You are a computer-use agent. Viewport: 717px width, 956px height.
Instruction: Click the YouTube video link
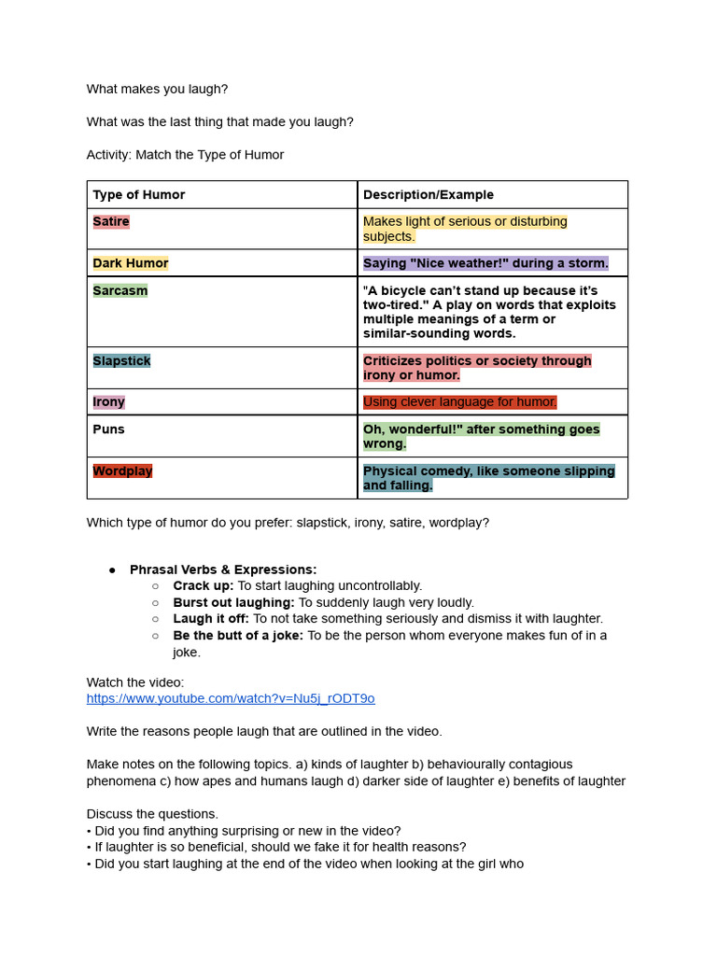[x=231, y=698]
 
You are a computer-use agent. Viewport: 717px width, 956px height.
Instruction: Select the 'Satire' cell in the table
[x=111, y=221]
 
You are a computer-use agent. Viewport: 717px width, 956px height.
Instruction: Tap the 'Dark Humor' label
[x=131, y=263]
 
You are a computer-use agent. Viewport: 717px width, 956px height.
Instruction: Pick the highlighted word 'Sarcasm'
[x=120, y=290]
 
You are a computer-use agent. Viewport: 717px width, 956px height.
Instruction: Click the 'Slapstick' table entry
[x=121, y=360]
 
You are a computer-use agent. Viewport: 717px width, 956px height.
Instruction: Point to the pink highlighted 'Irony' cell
[x=108, y=401]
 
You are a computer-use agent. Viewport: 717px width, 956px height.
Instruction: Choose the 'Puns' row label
[x=108, y=429]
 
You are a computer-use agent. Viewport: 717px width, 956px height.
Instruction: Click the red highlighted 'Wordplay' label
[x=122, y=471]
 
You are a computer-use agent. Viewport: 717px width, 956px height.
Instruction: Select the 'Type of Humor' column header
[x=139, y=195]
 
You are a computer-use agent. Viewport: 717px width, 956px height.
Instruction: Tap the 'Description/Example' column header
[x=429, y=195]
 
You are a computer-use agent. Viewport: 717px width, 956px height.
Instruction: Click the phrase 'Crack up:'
[x=204, y=585]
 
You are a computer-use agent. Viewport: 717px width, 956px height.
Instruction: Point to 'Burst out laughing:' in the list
[x=233, y=602]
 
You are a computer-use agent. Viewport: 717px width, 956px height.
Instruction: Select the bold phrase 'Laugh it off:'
[x=211, y=618]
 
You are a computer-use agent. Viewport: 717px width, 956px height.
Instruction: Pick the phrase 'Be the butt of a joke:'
[x=238, y=635]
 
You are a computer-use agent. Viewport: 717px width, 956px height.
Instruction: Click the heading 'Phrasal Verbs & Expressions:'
[x=223, y=569]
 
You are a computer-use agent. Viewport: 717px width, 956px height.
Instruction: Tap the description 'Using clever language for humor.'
[x=459, y=402]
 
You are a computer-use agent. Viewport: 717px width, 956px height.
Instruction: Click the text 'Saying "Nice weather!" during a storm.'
[x=485, y=263]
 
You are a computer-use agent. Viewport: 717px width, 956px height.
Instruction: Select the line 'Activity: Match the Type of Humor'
[x=185, y=155]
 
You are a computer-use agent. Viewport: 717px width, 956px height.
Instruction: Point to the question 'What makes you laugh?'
[x=157, y=89]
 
